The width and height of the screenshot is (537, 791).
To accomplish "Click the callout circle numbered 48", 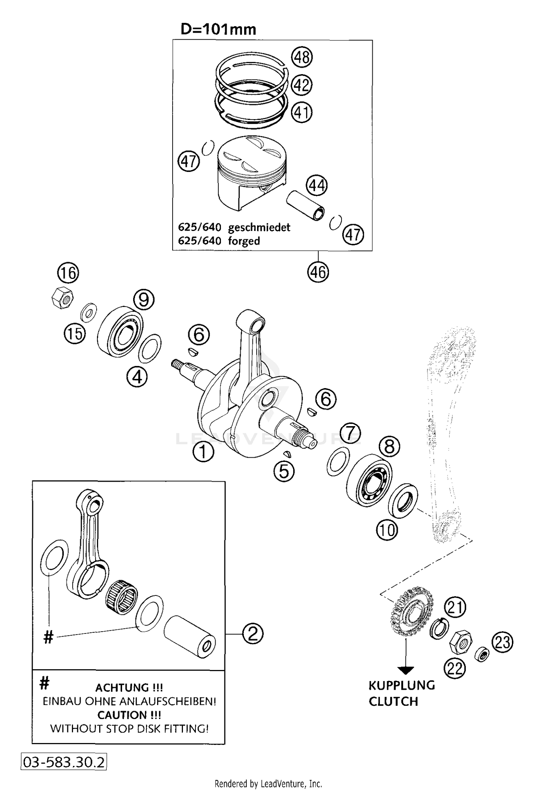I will coord(302,57).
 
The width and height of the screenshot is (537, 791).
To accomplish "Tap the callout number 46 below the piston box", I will coord(318,272).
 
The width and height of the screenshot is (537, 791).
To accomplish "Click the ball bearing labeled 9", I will coord(120,331).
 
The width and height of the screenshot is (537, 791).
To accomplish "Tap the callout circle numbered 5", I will coord(284,471).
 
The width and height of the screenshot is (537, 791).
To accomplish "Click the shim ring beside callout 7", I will coord(338,461).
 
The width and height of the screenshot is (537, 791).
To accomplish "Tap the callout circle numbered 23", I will coord(502,642).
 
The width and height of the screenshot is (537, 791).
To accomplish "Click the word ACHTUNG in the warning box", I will coord(122,688).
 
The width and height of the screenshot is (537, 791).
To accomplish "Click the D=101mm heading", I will coord(218,29).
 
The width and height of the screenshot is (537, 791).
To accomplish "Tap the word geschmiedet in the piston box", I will coord(259,227).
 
